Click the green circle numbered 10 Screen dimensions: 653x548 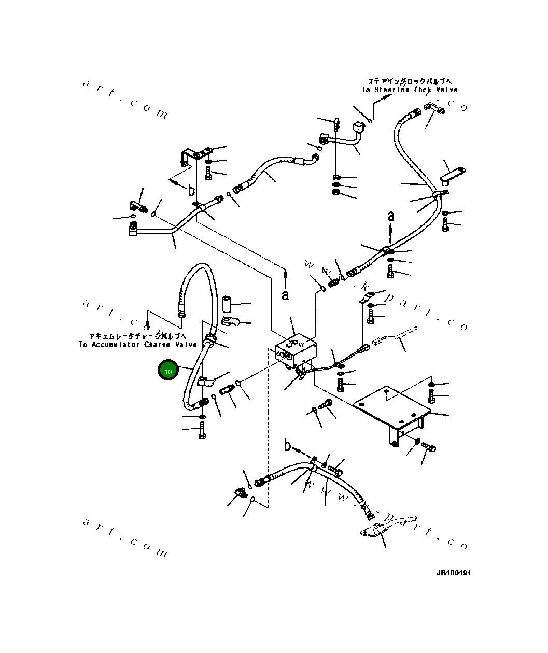tap(168, 371)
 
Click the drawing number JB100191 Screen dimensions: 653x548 tap(454, 573)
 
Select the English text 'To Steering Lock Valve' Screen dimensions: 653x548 tap(410, 90)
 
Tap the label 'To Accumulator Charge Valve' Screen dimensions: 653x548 tap(138, 345)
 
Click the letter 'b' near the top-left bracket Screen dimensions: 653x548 tap(191, 190)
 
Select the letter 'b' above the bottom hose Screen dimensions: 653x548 tap(288, 445)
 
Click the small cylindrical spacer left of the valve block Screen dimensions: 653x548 tap(227, 302)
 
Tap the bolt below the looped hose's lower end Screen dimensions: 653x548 tap(202, 430)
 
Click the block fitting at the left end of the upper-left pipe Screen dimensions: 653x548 tap(133, 230)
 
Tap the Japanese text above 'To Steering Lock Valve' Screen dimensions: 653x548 tap(410, 82)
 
